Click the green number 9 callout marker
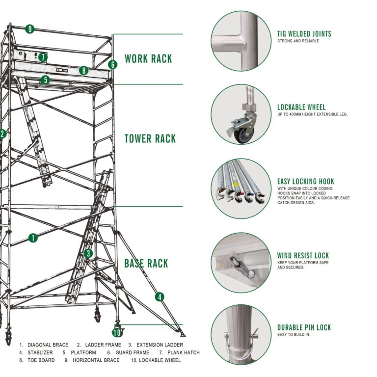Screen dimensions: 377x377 coord(30,29)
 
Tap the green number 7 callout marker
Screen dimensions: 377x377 coord(43,57)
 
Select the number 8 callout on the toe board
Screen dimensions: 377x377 coord(84,70)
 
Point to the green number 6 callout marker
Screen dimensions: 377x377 coord(112,64)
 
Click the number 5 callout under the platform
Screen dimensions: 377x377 coord(45,80)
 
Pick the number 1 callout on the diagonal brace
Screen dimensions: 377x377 coord(33,238)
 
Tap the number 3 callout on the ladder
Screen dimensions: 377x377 coord(88,253)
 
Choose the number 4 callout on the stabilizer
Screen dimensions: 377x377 coord(160,296)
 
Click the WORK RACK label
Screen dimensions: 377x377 coord(148,59)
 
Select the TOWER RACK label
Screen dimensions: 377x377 coord(150,138)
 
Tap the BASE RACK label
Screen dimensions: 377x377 coord(146,264)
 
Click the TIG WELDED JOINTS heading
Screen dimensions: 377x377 coord(304,34)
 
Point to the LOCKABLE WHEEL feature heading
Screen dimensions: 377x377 coord(301,107)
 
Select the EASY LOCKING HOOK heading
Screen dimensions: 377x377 coord(305,181)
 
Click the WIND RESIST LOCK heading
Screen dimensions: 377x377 coord(303,255)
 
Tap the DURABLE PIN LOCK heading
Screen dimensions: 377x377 coord(304,327)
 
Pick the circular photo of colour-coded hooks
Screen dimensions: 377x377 coord(241,188)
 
